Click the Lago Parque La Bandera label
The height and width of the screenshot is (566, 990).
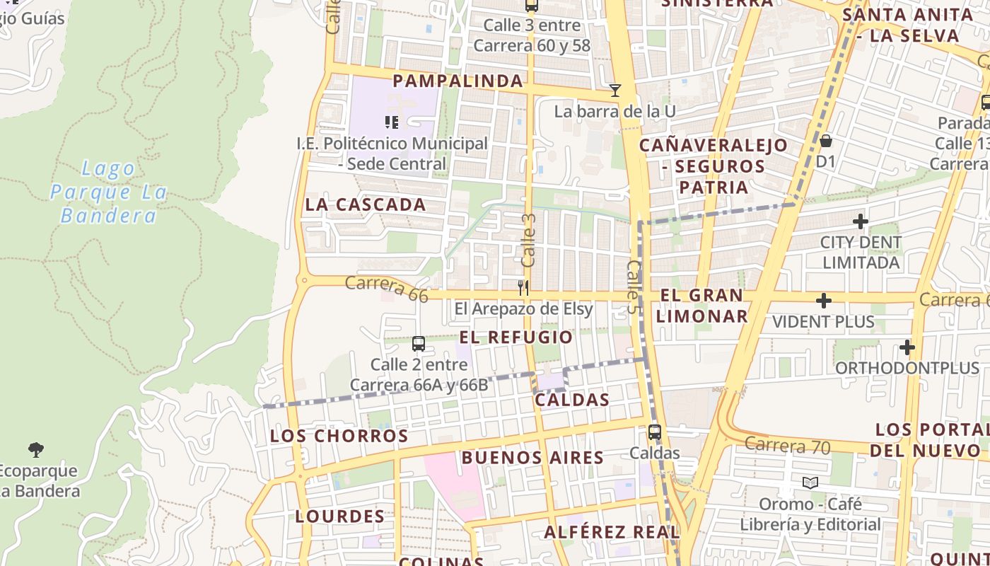coord(108,192)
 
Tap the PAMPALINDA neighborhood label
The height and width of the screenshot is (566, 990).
coord(458,81)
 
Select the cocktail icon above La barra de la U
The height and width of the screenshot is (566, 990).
coord(615,91)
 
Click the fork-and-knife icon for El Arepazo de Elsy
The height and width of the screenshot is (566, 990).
coord(523,287)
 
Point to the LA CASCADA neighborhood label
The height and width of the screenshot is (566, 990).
coord(366,205)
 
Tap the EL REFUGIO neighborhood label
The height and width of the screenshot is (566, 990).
coord(516,337)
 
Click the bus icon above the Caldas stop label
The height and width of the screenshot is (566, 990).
coord(655,432)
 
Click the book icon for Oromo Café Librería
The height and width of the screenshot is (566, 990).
coord(810,483)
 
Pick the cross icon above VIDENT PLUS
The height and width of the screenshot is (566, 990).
coord(824,301)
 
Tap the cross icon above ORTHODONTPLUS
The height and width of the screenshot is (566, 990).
coord(907,347)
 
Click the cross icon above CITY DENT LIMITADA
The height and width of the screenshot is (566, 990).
coord(861,222)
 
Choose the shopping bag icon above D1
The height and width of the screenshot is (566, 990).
coord(825,141)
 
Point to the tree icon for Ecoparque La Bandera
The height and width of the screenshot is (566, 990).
coord(36,449)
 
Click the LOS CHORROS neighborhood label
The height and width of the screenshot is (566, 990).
coord(339,436)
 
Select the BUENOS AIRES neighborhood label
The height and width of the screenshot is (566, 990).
coord(532,458)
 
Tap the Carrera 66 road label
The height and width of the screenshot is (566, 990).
coord(387,289)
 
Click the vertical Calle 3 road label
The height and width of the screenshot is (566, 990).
coord(528,241)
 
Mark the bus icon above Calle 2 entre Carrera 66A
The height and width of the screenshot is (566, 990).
coord(419,344)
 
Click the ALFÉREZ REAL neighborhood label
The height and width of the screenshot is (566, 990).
coord(612,532)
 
